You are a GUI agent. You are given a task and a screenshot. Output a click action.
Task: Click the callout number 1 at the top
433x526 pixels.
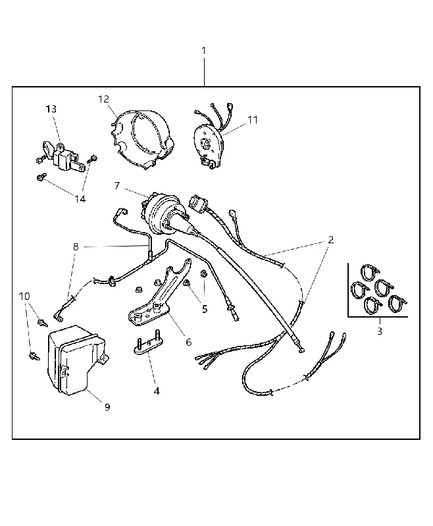click(203, 51)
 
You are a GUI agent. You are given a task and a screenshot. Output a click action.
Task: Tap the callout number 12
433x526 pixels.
click(104, 99)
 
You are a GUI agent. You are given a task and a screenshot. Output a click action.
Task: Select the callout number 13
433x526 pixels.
click(51, 109)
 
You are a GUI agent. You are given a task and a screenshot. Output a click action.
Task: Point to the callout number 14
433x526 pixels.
click(80, 199)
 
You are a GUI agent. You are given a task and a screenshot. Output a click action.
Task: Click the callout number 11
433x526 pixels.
click(253, 120)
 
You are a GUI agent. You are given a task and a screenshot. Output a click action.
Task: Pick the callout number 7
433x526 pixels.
click(117, 185)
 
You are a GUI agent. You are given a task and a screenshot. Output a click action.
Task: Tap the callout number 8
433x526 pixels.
click(76, 247)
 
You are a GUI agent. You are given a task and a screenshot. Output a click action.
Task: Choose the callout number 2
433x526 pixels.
click(331, 239)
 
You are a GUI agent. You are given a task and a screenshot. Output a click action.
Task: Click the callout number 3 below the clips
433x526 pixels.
click(380, 331)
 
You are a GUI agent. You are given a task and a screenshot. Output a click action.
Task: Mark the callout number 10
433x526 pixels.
click(24, 297)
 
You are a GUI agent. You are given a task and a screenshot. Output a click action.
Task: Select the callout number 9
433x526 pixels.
click(107, 407)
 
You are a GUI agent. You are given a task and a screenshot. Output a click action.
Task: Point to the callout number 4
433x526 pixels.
click(157, 391)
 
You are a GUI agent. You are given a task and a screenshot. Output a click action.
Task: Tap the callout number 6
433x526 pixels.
click(189, 342)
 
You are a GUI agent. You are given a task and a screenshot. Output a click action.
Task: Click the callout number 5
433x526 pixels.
click(205, 309)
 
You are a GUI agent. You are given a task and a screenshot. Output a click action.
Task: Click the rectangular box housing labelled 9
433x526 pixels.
click(76, 360)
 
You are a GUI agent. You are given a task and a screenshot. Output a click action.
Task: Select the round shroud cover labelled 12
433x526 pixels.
click(141, 138)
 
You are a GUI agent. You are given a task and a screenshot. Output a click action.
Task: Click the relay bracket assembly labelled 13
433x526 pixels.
click(62, 157)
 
